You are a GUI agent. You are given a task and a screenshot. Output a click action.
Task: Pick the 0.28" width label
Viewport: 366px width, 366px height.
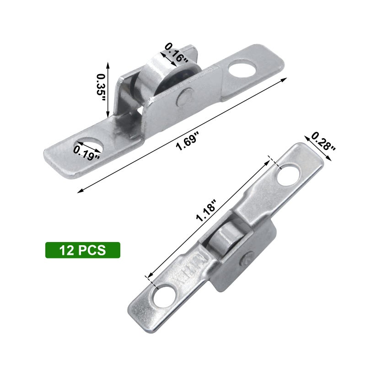pyautogui.click(x=324, y=141)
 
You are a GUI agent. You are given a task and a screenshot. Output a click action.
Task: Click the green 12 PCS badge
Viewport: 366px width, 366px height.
pyautogui.click(x=82, y=250)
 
